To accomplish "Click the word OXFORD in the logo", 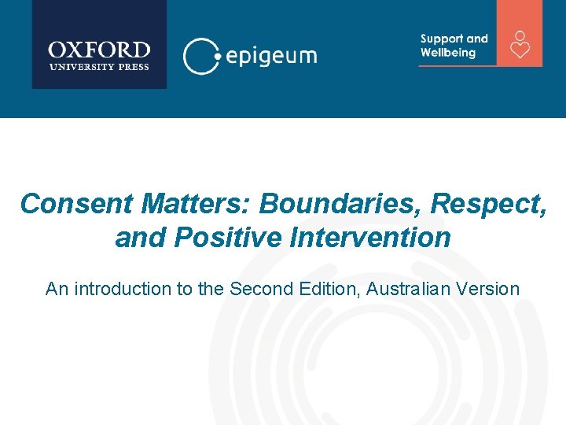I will click(x=99, y=50).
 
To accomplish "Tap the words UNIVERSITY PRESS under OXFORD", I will click(x=99, y=67).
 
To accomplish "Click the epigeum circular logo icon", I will click(x=200, y=55).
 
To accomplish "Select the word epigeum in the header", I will click(x=271, y=56).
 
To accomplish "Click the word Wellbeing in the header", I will click(x=448, y=53).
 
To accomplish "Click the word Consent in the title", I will click(x=77, y=203).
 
